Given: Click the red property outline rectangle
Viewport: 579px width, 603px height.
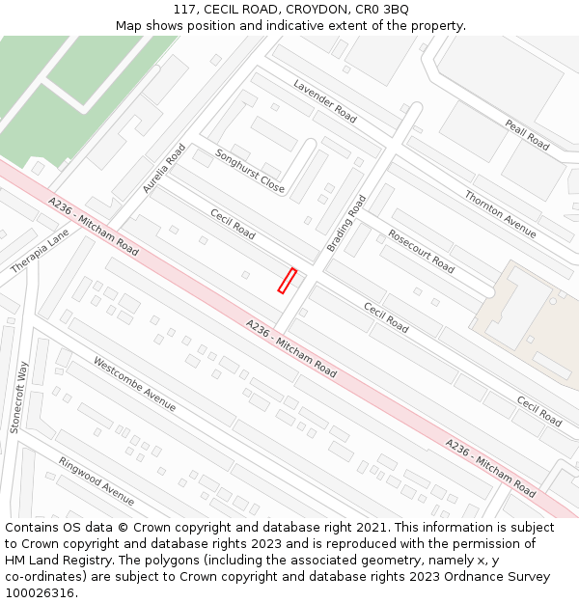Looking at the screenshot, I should [x=287, y=281].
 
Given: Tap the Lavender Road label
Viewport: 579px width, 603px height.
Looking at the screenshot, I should [x=325, y=100].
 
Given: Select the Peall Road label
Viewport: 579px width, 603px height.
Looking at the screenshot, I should [x=527, y=135].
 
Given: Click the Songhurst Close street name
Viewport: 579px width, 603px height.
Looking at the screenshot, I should [x=250, y=171].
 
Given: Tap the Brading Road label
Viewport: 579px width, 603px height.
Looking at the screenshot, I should [x=346, y=224].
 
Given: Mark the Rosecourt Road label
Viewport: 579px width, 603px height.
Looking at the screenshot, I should [x=421, y=251].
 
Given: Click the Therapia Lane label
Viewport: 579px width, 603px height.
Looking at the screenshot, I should [x=40, y=251].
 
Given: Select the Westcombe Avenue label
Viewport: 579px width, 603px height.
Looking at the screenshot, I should [x=134, y=383].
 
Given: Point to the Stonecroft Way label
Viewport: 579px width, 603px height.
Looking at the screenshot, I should [x=18, y=397].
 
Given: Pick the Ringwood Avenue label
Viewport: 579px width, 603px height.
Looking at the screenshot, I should [x=96, y=480].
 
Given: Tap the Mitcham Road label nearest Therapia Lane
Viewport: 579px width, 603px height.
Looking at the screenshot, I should [x=94, y=227].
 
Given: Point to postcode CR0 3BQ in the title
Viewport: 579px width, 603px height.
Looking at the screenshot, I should [x=382, y=10].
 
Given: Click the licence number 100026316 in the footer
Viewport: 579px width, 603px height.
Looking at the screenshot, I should [x=40, y=592].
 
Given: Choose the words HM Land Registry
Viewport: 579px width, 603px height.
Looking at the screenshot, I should [x=48, y=560].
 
